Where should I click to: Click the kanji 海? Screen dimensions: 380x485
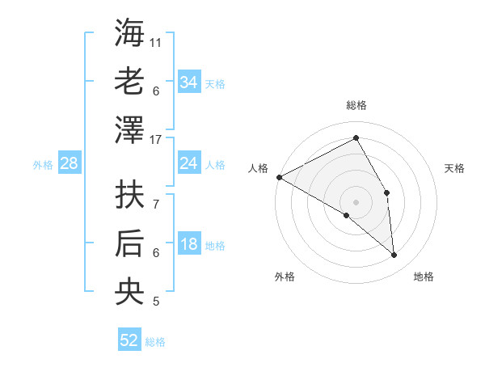(x=129, y=33)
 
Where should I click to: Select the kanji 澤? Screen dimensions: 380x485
(x=129, y=131)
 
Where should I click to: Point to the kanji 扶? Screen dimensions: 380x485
(x=129, y=196)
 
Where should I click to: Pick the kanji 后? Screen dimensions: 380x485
(x=129, y=244)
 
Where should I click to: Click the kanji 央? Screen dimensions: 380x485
(x=129, y=293)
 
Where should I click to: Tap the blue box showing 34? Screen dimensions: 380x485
(x=188, y=82)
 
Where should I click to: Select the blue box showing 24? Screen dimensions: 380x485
(x=188, y=163)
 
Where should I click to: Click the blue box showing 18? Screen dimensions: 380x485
(x=188, y=245)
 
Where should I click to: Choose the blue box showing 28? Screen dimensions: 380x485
(x=69, y=163)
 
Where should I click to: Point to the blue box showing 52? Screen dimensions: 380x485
(x=129, y=340)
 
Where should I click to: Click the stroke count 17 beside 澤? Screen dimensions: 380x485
(x=157, y=140)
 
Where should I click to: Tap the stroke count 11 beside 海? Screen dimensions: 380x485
(x=156, y=42)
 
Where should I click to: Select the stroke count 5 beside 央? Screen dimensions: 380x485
(x=156, y=302)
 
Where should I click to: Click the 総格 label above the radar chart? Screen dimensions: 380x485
(x=356, y=105)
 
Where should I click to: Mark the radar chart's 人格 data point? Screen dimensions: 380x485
(x=279, y=177)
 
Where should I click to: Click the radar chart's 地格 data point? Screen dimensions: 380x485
(x=394, y=255)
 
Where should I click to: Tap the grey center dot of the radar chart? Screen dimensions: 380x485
(x=356, y=201)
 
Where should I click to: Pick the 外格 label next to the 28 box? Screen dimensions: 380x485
(x=43, y=164)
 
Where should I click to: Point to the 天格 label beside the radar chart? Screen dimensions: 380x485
(x=454, y=168)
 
